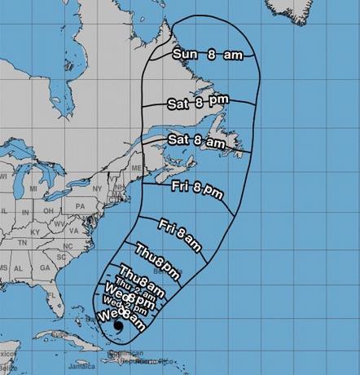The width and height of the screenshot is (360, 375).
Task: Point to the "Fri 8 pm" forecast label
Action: [197, 188]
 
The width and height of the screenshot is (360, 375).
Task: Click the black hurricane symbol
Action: [119, 327]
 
